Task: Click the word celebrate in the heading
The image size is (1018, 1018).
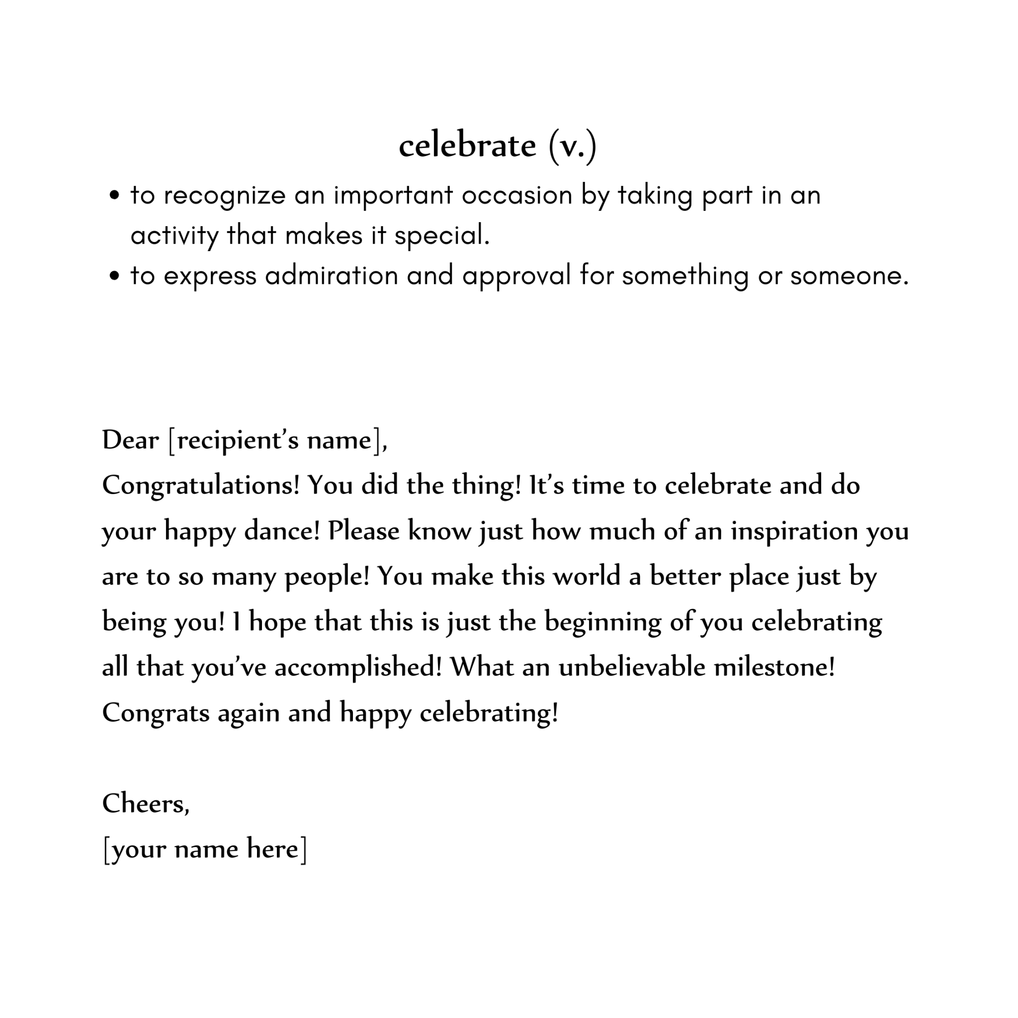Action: [x=467, y=146]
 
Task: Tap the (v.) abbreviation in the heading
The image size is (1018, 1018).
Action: [x=572, y=146]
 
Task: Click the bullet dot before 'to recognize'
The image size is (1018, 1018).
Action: [x=114, y=196]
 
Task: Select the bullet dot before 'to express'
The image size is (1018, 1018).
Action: [x=114, y=276]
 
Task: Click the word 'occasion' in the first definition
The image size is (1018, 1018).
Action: [x=517, y=195]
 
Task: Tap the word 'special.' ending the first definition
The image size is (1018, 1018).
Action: [x=442, y=236]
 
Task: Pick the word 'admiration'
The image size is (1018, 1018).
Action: [x=332, y=275]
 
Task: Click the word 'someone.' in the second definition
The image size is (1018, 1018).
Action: [x=849, y=275]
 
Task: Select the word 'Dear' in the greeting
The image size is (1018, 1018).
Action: [x=130, y=440]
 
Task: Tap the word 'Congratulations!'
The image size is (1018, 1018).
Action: [x=201, y=485]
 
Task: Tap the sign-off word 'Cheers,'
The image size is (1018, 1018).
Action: [x=146, y=804]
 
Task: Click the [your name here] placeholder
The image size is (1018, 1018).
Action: [x=205, y=849]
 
